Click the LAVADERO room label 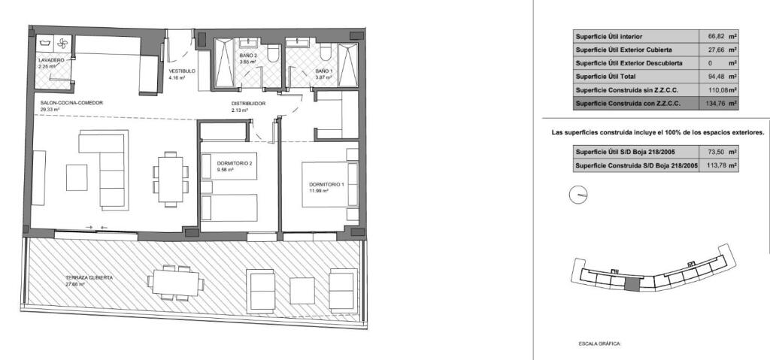(51, 60)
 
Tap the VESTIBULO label (182, 71)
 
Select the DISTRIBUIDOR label (248, 104)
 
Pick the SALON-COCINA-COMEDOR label (71, 103)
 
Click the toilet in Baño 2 (274, 53)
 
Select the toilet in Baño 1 (325, 53)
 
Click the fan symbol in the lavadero (62, 44)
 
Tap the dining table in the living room (171, 180)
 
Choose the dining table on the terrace (175, 283)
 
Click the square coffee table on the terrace (302, 291)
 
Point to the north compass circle (578, 195)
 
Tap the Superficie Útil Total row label (605, 77)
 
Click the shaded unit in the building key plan (632, 283)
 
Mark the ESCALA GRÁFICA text (600, 344)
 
